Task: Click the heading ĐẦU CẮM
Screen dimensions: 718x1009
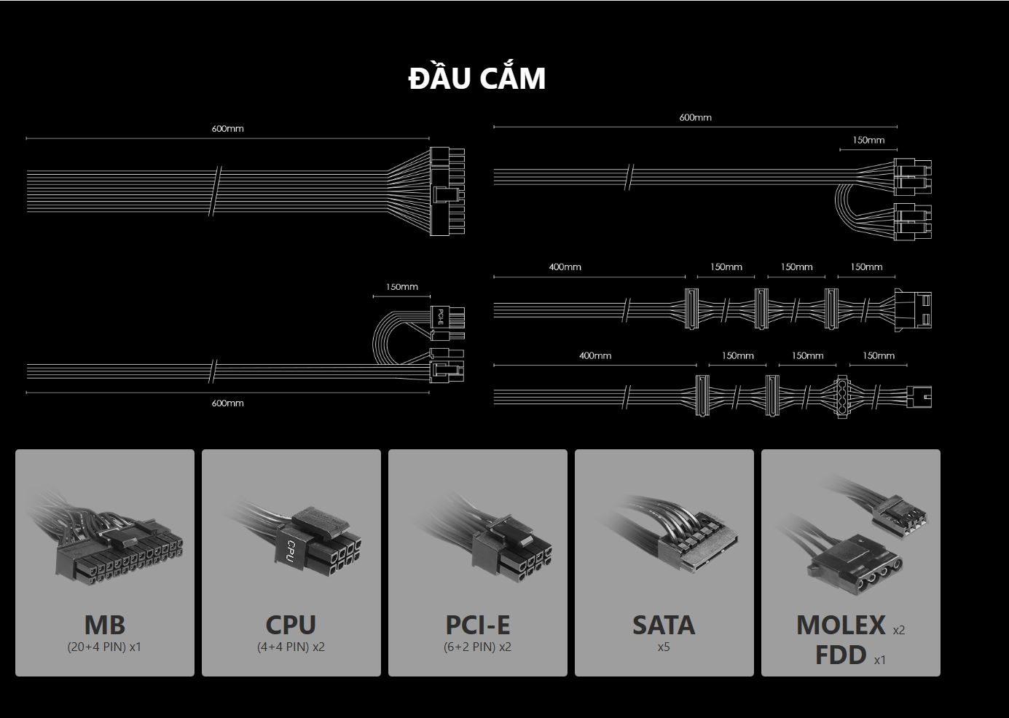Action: [477, 79]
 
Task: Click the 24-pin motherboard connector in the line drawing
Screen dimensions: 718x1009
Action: [447, 192]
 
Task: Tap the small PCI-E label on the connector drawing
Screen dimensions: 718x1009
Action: [441, 317]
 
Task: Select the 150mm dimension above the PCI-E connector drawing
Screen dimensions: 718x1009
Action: [402, 287]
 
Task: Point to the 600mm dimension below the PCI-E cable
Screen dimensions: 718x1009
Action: [227, 403]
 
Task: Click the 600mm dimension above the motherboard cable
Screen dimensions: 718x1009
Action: [227, 129]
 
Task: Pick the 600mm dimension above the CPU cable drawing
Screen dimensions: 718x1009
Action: [695, 117]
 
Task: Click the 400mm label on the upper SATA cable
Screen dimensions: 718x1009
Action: [565, 267]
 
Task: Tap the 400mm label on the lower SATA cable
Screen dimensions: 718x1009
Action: [594, 356]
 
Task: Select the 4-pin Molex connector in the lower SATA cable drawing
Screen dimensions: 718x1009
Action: [842, 397]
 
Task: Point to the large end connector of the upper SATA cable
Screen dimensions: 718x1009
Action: [914, 309]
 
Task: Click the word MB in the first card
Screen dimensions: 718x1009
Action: [105, 625]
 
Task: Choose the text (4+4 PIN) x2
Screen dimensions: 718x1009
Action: [291, 647]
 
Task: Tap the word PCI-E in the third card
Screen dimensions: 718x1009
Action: [477, 625]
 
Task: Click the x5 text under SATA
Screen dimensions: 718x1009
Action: [663, 647]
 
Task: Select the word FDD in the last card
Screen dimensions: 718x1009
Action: [841, 655]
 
